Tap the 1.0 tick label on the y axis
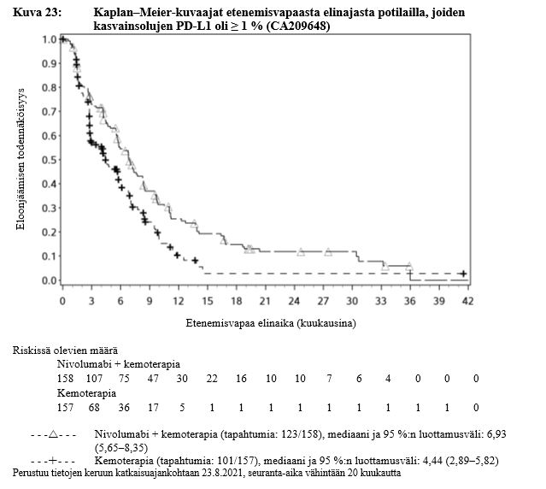(x=48, y=39)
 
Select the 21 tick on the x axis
(x=266, y=303)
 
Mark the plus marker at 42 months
(x=462, y=274)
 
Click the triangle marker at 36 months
(x=409, y=266)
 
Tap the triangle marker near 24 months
(x=301, y=252)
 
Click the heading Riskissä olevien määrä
(x=64, y=351)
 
